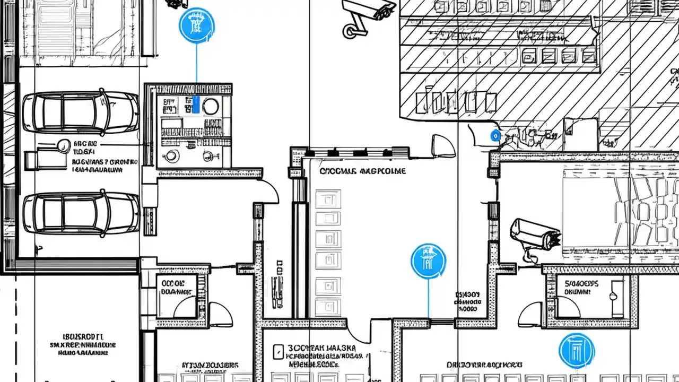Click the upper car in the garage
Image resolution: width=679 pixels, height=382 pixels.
81,112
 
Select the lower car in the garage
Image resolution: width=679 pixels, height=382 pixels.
81,212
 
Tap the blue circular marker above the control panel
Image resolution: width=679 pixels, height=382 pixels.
197,25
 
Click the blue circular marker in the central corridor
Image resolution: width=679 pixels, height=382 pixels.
429,261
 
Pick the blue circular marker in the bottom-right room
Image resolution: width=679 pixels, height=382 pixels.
577,351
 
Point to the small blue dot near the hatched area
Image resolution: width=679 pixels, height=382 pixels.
495,136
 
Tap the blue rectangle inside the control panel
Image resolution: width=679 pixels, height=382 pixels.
196,105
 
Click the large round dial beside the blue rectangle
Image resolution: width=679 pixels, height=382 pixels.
211,106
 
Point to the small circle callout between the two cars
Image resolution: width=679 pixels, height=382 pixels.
63,144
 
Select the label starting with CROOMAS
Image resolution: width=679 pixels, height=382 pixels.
362,171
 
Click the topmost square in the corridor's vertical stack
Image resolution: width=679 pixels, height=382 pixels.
328,199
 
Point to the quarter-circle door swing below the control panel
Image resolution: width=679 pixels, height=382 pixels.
268,191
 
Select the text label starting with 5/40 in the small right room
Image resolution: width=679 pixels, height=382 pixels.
581,287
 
